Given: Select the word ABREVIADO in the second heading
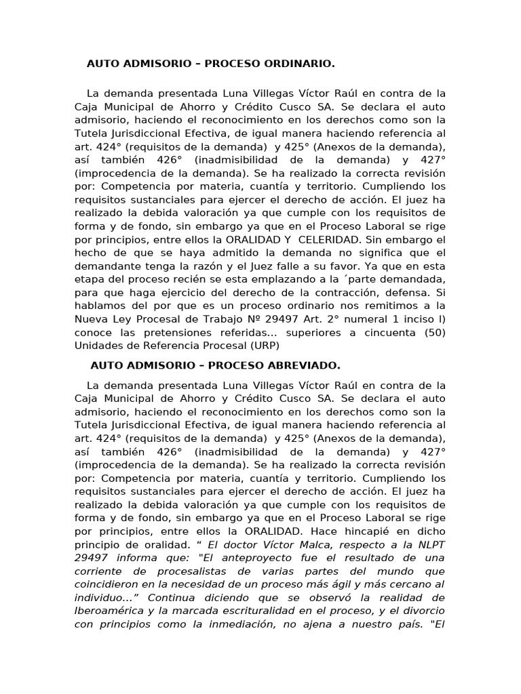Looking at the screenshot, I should point(307,365).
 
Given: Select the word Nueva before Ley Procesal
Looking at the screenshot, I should point(91,319).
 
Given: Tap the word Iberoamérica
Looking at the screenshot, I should point(111,611).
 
